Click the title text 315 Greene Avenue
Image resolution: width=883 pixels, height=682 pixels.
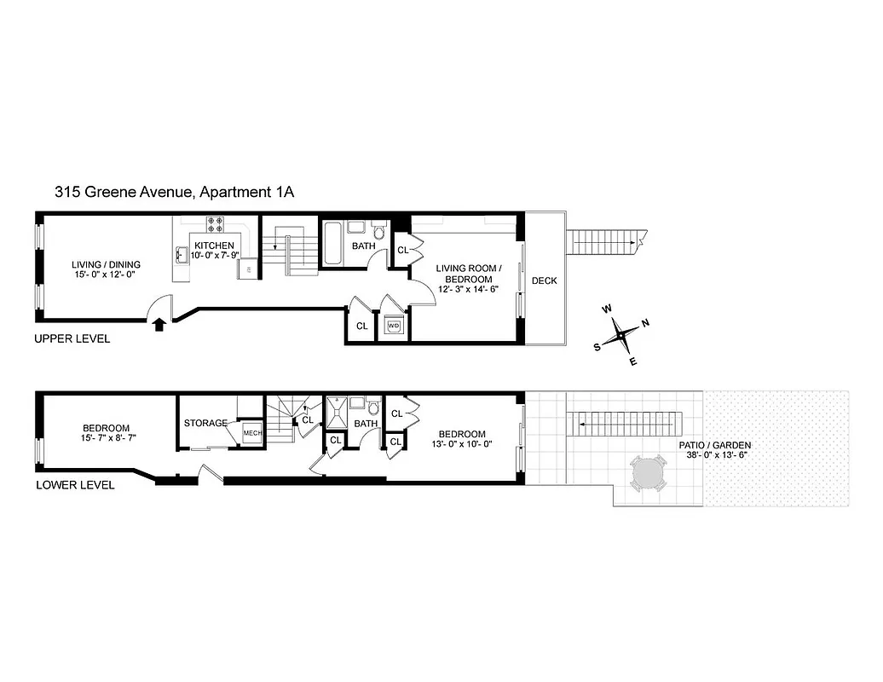pos(124,192)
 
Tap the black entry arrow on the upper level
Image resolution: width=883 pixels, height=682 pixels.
pos(158,321)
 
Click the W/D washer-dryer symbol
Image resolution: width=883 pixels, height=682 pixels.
pos(394,326)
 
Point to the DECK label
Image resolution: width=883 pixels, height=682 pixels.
pos(544,280)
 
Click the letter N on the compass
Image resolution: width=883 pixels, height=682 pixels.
pos(645,322)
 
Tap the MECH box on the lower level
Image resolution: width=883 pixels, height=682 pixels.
pos(252,433)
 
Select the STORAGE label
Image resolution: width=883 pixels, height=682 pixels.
pos(205,423)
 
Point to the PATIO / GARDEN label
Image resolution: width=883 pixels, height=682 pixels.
pos(715,445)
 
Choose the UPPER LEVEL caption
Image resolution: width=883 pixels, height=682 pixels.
pos(72,338)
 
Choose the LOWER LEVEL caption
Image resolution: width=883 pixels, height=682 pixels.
pos(74,485)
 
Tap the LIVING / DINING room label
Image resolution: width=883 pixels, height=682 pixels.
pos(106,264)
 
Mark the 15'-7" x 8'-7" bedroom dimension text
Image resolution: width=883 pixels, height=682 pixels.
pos(106,439)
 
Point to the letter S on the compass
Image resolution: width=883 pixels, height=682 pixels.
pos(597,346)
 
